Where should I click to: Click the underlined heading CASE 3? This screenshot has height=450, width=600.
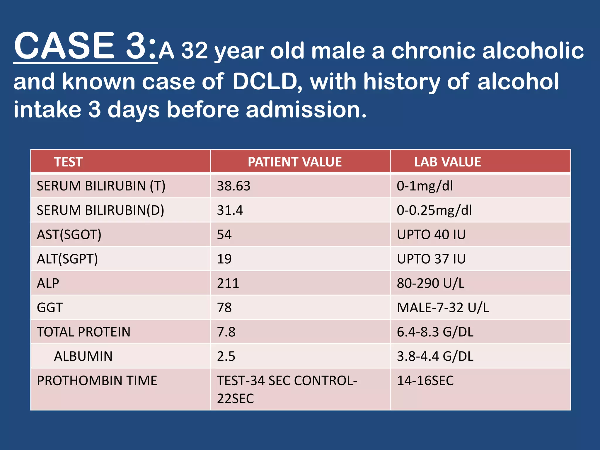coord(85,46)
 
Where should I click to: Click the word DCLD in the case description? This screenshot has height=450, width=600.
coord(265,81)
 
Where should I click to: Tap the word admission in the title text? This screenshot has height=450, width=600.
coord(306,110)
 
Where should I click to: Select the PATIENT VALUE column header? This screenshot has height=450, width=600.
coord(294,162)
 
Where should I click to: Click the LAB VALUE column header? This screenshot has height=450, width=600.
coord(447,162)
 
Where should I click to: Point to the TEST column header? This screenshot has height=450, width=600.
coord(68,162)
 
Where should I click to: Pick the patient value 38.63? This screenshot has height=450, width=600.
coord(233,186)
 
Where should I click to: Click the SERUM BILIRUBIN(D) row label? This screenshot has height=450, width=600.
coord(100,210)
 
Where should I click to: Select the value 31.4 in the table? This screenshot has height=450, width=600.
coord(230,210)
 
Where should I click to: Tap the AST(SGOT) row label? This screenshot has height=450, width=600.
coord(69,235)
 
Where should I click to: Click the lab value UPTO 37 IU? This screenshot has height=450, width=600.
coord(431,259)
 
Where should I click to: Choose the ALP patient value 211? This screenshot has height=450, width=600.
coord(228,283)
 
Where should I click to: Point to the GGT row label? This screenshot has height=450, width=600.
coord(50,308)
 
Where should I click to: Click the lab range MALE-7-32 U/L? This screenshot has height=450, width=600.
coord(443,308)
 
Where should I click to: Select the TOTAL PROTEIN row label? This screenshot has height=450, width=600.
coord(83,332)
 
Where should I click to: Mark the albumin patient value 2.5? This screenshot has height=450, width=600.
coord(226,356)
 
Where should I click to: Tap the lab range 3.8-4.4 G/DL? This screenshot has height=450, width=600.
coord(435,356)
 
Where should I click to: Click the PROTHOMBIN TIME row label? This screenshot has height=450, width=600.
coord(97,381)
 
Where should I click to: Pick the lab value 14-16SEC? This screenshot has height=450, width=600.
coord(425,381)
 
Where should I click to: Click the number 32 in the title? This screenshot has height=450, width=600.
coord(195,51)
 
